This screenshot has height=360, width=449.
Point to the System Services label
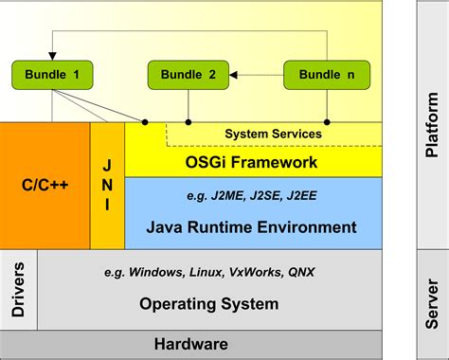(272, 134)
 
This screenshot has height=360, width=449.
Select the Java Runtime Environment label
(251, 227)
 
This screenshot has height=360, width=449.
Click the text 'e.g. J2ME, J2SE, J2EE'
(252, 197)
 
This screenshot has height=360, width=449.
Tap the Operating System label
(209, 304)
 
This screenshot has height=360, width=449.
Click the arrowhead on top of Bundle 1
(51, 56)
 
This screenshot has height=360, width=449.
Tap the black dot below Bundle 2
(189, 122)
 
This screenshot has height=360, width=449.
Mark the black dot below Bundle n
(327, 122)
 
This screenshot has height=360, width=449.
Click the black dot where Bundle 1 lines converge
(145, 122)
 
